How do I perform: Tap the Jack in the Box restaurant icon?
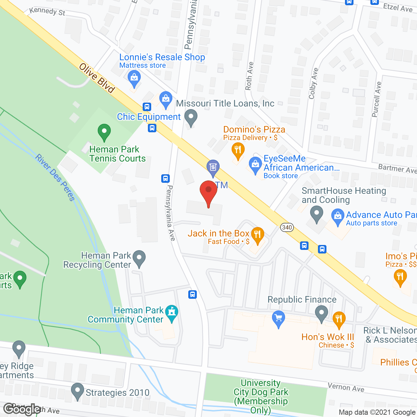pyautogui.click(x=258, y=235)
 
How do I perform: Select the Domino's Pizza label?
pyautogui.click(x=254, y=130)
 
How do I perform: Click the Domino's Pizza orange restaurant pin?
pyautogui.click(x=238, y=151)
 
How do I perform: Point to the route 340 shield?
pyautogui.click(x=287, y=227)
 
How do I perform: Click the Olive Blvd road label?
pyautogui.click(x=97, y=78)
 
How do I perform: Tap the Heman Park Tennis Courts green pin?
pyautogui.click(x=104, y=132)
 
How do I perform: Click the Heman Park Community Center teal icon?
pyautogui.click(x=172, y=313)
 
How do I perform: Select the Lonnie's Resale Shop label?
pyautogui.click(x=162, y=57)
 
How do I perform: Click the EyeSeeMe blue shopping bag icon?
pyautogui.click(x=255, y=165)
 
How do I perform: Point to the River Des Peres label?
pyautogui.click(x=55, y=178)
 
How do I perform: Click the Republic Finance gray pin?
pyautogui.click(x=322, y=313)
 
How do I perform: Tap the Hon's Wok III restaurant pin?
pyautogui.click(x=339, y=320)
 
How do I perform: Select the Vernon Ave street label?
pyautogui.click(x=346, y=387)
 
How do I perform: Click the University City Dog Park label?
pyautogui.click(x=261, y=396)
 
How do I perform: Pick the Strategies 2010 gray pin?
pyautogui.click(x=78, y=391)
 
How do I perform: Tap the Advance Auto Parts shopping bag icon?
pyautogui.click(x=338, y=217)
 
